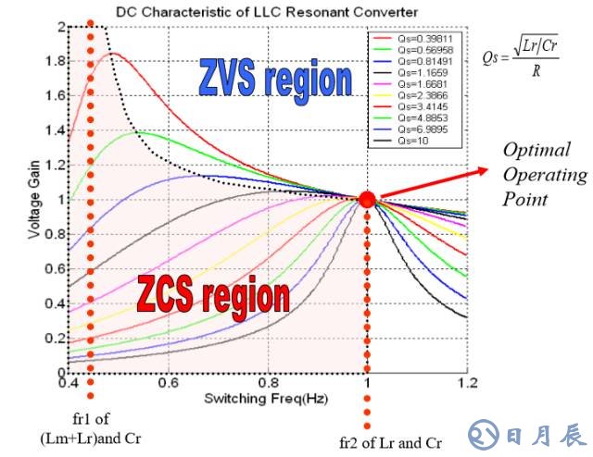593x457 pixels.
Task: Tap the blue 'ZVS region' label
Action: pos(275,79)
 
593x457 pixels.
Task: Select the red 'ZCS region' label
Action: pos(214,296)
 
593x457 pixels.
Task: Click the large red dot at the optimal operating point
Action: pos(367,200)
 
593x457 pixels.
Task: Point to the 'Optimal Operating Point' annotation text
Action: pos(544,175)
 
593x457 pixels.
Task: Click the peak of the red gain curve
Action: pos(112,54)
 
